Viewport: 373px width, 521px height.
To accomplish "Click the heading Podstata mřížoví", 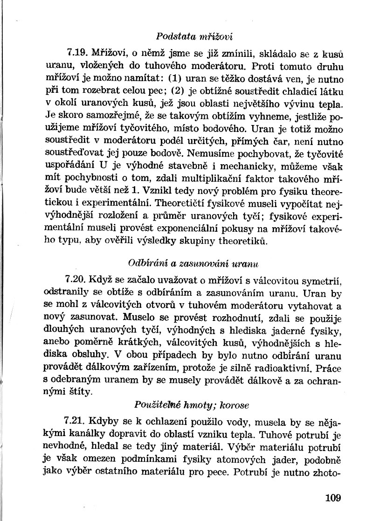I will point(194,36).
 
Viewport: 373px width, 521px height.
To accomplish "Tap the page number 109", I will point(334,498).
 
